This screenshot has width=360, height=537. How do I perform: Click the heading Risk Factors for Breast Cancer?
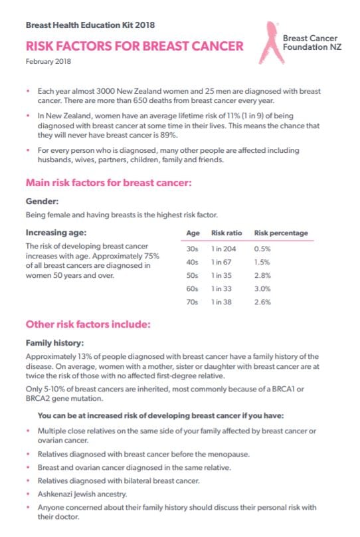pos(134,47)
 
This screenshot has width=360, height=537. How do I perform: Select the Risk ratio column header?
pos(226,233)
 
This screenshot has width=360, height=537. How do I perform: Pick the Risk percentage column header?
pos(281,233)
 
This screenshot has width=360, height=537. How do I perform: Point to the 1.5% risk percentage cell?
pos(262,263)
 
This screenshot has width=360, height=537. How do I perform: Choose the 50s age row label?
pos(193,275)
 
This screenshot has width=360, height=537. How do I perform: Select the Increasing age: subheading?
pos(55,233)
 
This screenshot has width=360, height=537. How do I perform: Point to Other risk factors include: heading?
pos(88,325)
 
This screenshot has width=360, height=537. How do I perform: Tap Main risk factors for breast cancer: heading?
pos(109,182)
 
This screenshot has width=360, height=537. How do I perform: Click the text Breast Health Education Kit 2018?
pos(90,25)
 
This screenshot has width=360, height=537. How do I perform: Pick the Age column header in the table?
pos(193,233)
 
